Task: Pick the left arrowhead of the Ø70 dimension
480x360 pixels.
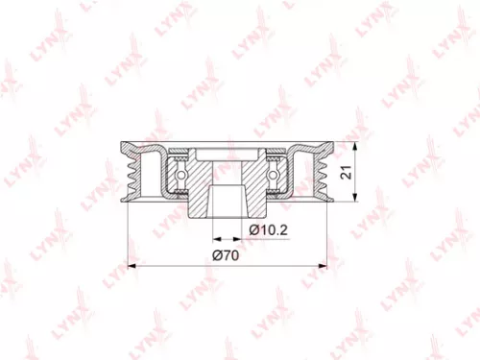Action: (132, 264)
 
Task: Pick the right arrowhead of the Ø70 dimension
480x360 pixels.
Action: (327, 264)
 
